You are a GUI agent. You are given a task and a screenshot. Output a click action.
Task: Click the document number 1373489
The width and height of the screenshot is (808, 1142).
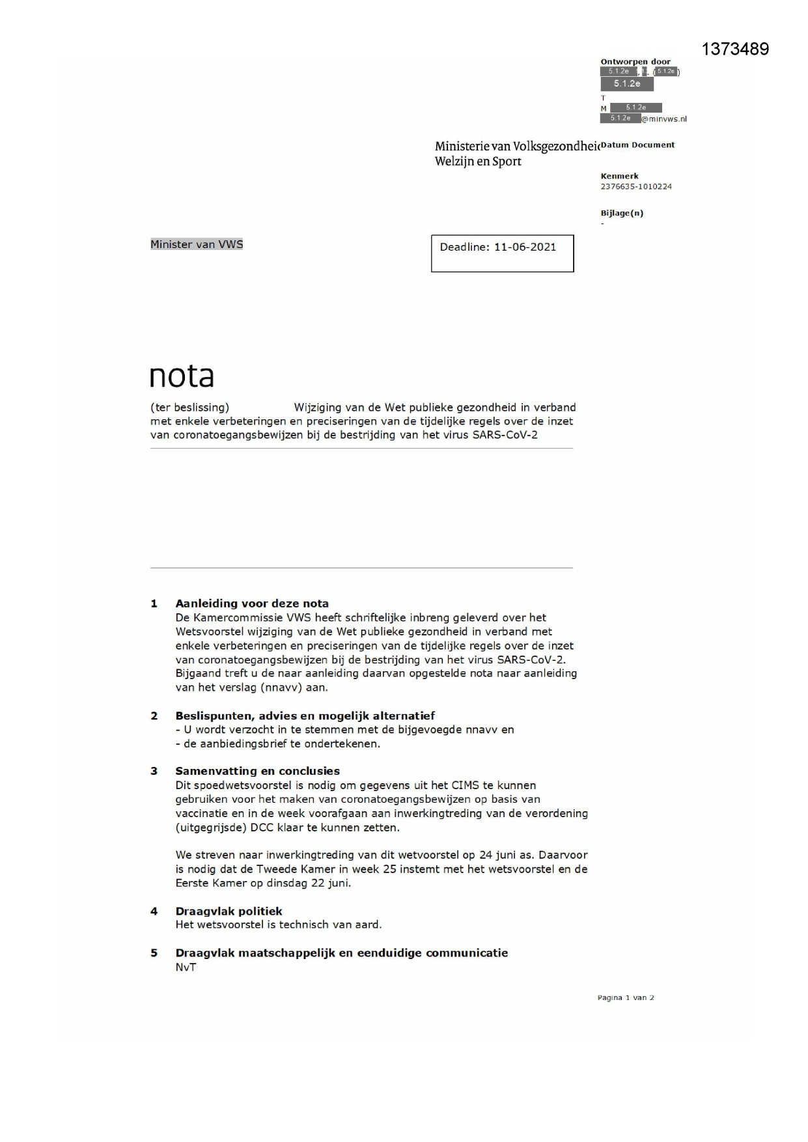(x=735, y=49)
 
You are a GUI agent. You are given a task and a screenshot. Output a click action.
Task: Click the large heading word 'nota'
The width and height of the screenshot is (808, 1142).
(x=182, y=376)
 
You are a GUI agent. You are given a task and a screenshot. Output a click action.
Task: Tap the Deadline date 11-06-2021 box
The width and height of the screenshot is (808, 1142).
(x=502, y=253)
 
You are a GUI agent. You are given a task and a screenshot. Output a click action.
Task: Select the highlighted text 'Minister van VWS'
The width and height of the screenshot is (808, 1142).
(x=197, y=244)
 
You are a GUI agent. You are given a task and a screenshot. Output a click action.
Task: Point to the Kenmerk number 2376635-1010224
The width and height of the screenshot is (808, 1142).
(x=635, y=187)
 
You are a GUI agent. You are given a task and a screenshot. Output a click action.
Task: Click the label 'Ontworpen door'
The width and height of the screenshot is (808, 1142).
(x=635, y=62)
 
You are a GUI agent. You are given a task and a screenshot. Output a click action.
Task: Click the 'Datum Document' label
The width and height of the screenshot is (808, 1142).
(x=637, y=145)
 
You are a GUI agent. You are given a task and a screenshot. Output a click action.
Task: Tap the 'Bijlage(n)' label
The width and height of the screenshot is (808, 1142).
(x=621, y=213)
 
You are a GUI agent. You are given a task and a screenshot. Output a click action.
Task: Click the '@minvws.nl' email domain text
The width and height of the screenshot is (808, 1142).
(x=663, y=119)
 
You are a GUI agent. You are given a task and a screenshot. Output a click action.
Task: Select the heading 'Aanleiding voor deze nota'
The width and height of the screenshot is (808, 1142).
(x=252, y=604)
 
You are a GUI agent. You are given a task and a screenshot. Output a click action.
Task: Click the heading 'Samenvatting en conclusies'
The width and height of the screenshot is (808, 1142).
(x=257, y=771)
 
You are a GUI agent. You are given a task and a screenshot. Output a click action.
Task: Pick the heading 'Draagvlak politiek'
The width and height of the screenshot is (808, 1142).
(x=229, y=911)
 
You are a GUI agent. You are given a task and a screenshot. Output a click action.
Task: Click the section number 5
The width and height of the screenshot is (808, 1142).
(x=154, y=953)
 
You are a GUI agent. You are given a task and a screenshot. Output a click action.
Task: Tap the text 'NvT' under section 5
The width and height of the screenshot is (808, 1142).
(x=186, y=968)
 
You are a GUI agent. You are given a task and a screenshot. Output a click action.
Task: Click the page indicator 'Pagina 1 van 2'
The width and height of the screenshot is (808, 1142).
(x=625, y=997)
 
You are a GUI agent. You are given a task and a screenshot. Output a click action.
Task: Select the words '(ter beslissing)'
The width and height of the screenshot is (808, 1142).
(x=189, y=408)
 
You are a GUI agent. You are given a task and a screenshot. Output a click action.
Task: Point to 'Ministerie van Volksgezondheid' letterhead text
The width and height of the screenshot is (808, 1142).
(x=516, y=146)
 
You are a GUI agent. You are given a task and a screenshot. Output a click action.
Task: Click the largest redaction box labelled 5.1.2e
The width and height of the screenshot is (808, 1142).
(x=626, y=84)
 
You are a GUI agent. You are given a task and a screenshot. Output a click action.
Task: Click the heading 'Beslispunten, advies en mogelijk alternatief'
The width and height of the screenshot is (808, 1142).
(x=305, y=716)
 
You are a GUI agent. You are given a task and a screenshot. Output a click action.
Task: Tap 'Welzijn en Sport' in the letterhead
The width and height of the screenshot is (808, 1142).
(x=478, y=161)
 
